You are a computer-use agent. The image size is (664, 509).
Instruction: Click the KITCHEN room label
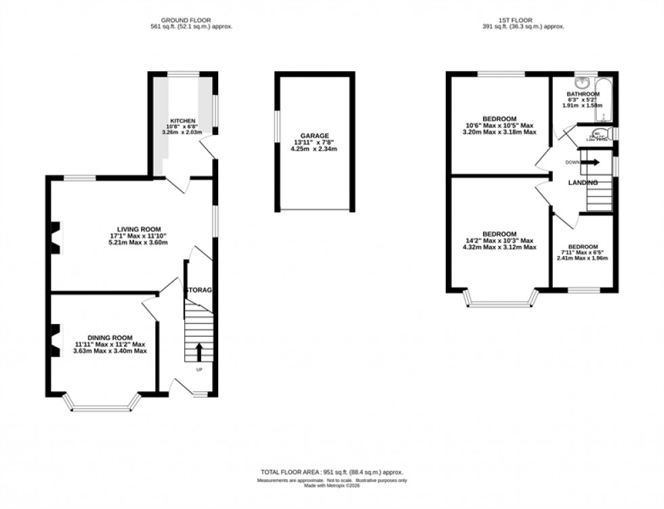(183, 121)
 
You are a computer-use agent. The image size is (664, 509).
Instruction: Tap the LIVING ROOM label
(139, 229)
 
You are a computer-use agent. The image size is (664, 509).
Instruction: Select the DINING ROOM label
(110, 338)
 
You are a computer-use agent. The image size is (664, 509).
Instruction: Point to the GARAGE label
(314, 136)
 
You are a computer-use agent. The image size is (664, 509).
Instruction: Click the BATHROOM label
(583, 94)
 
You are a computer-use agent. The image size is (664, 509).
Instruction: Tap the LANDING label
(583, 183)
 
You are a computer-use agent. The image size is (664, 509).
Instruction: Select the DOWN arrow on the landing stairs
(592, 163)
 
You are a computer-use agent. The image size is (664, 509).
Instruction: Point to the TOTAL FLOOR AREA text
(331, 472)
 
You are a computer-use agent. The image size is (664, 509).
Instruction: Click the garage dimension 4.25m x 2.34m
(314, 149)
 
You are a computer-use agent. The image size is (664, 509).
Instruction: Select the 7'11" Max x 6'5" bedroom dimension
(583, 253)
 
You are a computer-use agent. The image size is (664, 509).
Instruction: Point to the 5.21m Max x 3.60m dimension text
(139, 243)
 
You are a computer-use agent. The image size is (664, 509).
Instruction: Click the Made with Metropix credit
(331, 485)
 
